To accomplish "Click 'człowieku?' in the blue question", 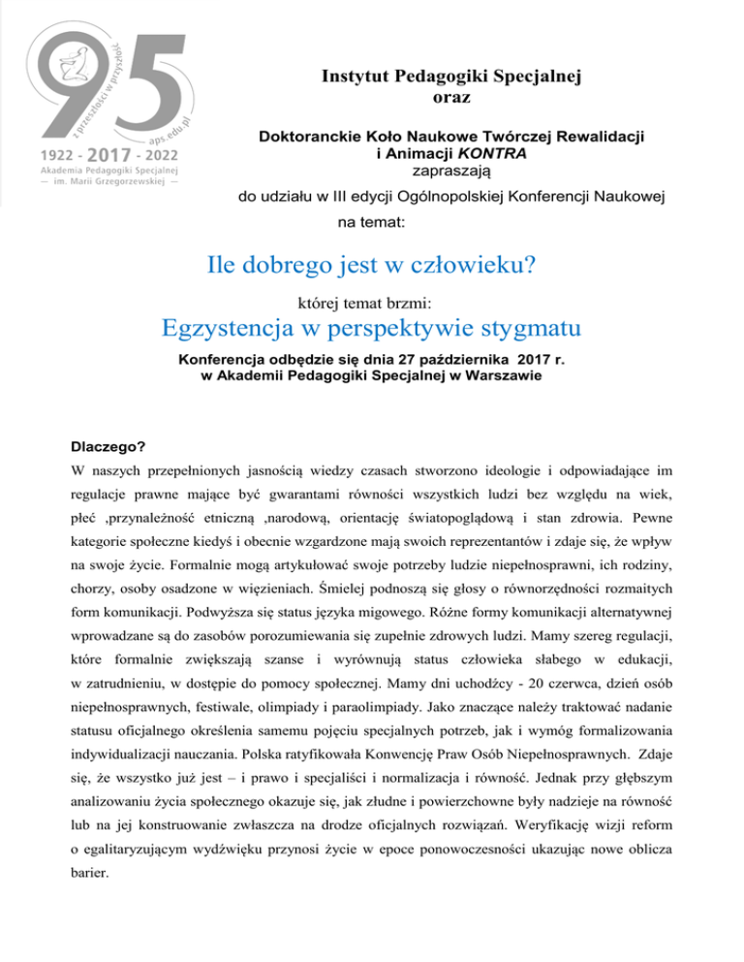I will [x=475, y=265].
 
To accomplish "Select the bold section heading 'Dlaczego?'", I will [x=107, y=448].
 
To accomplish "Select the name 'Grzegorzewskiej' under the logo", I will [x=112, y=183].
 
